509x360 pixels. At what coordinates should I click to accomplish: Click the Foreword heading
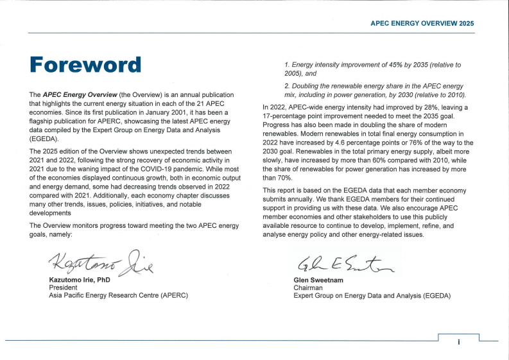click(85, 65)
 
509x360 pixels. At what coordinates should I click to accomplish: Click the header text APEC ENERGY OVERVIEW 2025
click(422, 23)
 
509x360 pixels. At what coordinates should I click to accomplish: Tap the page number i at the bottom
click(458, 342)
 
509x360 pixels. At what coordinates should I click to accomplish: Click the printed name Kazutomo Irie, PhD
click(80, 280)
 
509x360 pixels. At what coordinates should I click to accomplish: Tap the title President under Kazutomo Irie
click(63, 288)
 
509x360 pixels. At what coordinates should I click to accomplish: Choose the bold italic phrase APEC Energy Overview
click(78, 95)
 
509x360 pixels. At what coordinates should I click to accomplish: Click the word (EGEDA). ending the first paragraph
click(44, 138)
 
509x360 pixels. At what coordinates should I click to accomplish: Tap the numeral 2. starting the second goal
click(287, 85)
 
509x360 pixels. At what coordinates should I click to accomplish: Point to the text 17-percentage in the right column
click(286, 116)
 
